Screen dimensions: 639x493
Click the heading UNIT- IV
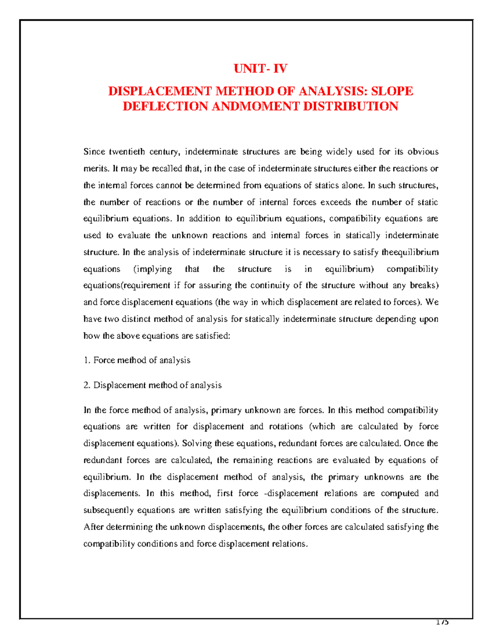pos(260,68)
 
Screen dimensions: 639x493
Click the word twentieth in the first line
pos(127,152)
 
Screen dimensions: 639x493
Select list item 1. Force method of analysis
pos(137,360)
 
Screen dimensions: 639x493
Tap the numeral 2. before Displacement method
pos(87,386)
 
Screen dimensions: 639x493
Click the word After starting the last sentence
pos(94,527)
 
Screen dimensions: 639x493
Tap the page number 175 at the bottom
pos(442,623)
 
